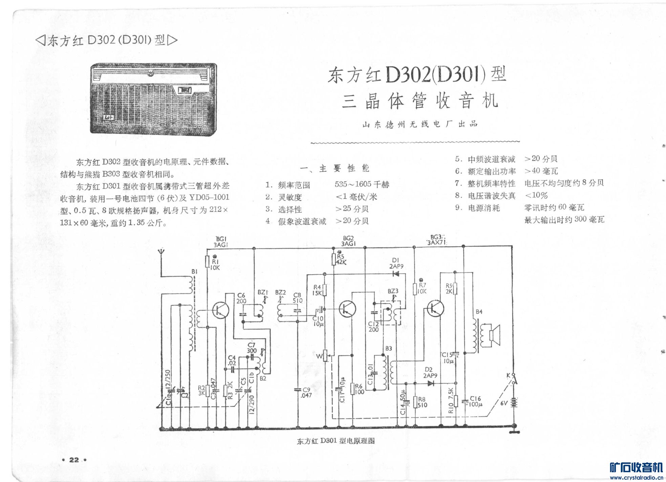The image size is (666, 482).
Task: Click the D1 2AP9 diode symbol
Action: [x=395, y=274]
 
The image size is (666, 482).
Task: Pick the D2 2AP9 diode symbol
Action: [x=431, y=383]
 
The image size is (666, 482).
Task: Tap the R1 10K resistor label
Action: [x=215, y=265]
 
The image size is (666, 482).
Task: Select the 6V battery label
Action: [x=504, y=403]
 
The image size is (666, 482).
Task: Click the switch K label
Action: [x=508, y=375]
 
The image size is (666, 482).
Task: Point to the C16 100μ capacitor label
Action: [x=475, y=401]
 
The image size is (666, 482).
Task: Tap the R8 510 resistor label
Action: [x=422, y=402]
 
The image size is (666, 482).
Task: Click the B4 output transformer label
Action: [x=479, y=312]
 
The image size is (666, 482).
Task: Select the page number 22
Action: [x=74, y=460]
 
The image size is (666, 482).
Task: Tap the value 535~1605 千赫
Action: [x=362, y=184]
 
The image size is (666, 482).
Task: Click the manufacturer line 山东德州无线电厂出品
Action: [x=420, y=124]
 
